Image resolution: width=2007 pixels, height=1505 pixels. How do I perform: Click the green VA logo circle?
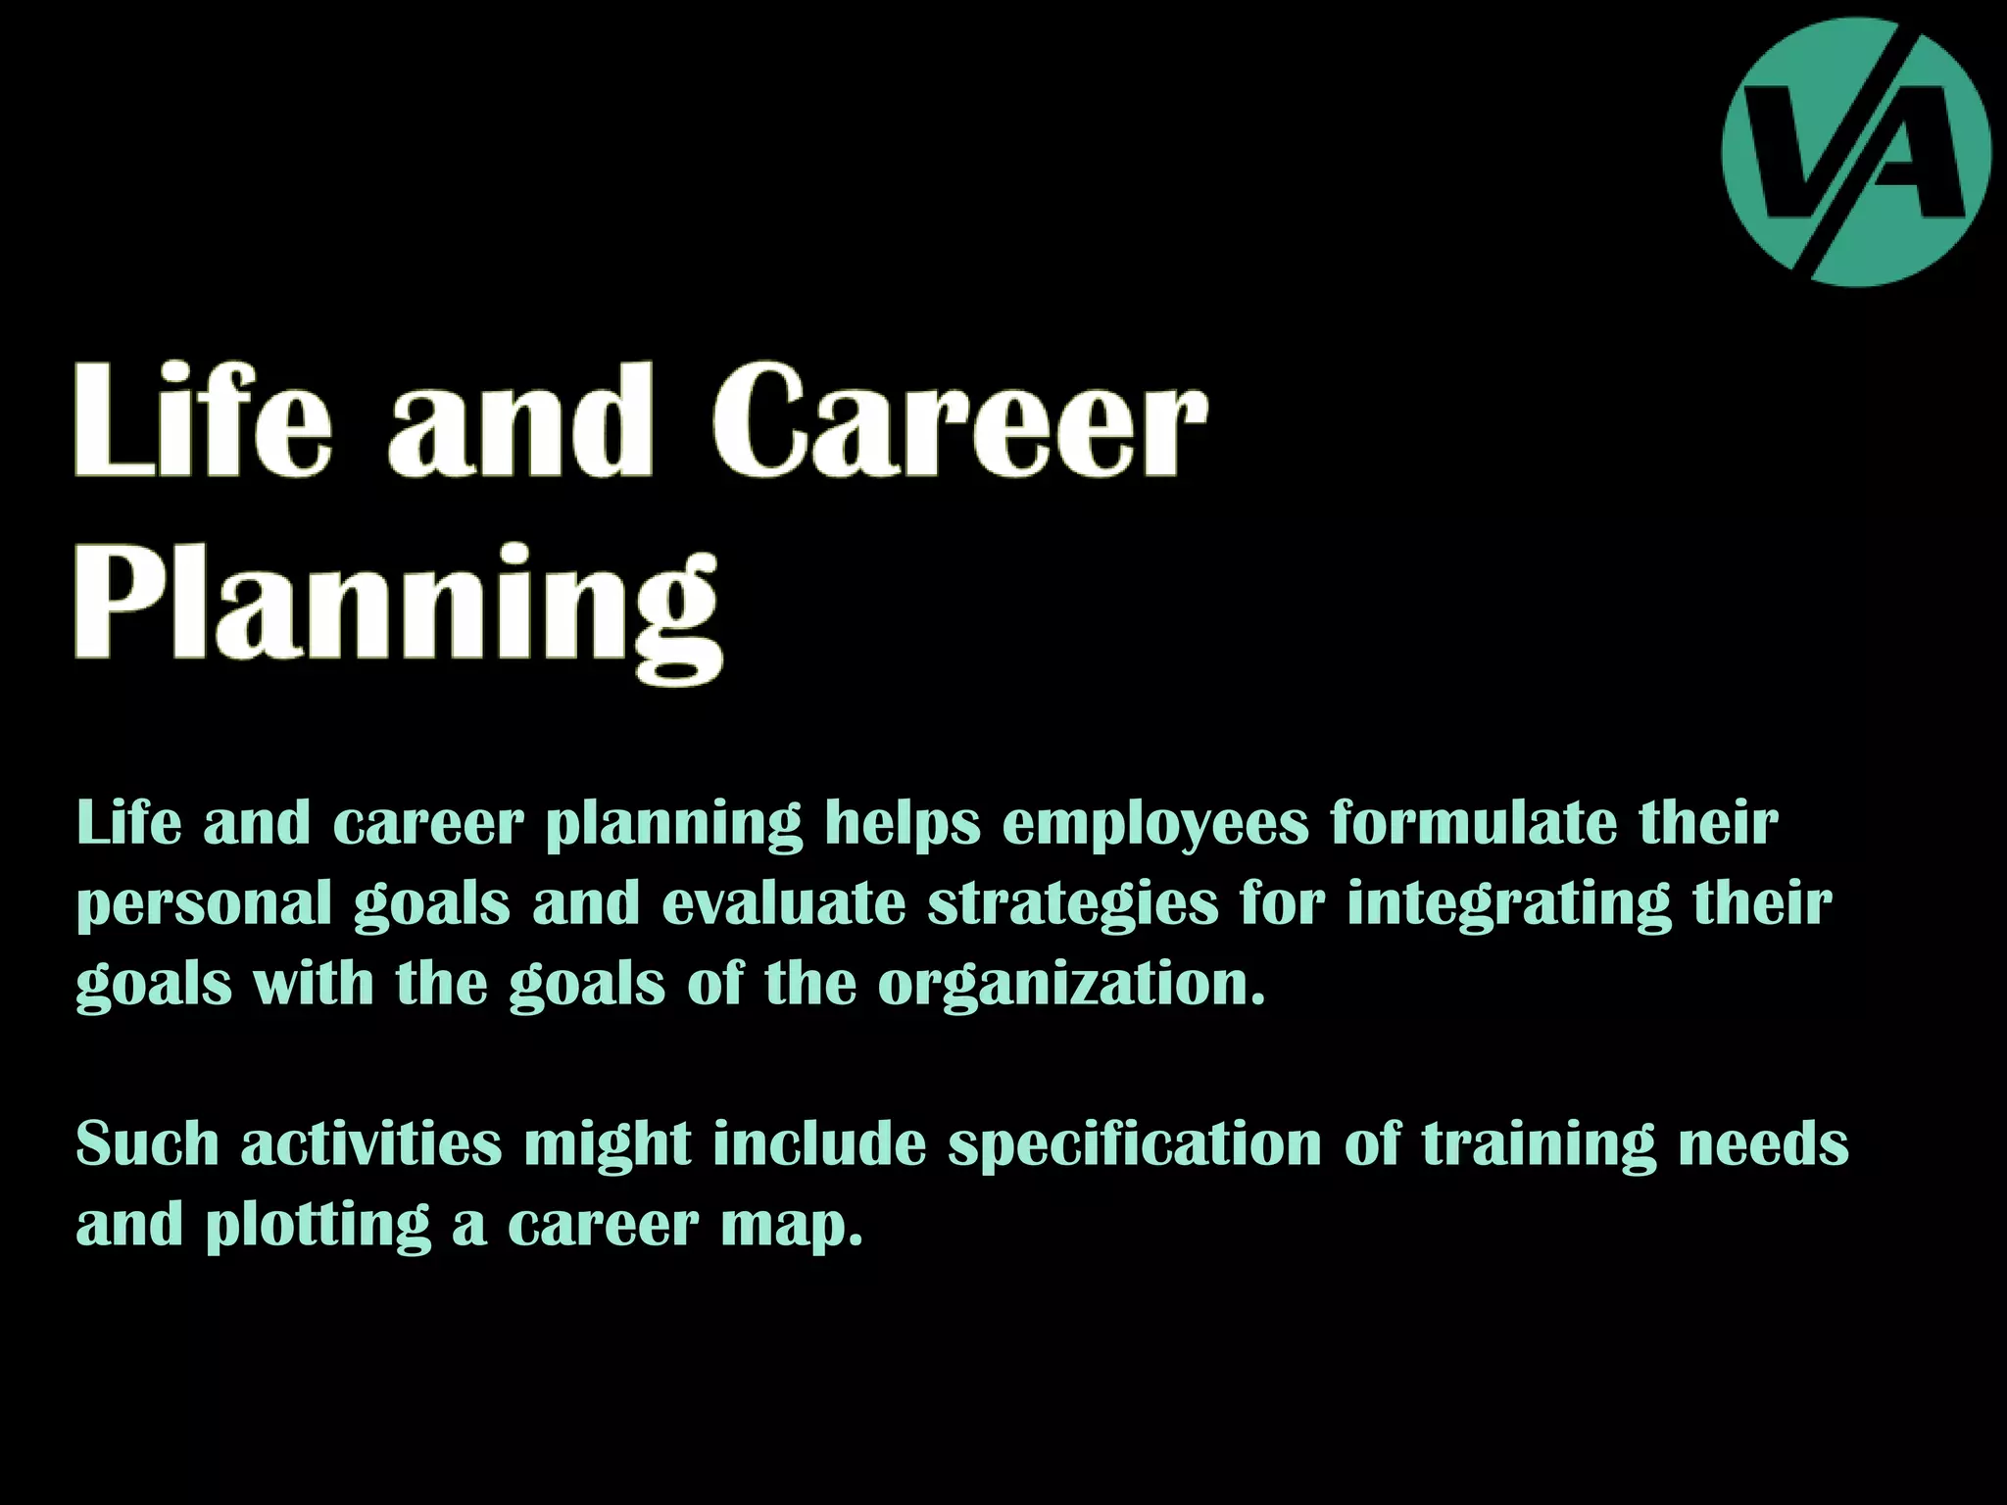coord(1856,152)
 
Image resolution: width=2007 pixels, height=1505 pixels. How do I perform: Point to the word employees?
coord(1155,823)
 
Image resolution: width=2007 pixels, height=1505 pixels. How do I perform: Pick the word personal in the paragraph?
coord(204,903)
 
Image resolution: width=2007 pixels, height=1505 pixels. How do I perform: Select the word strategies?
coord(1073,903)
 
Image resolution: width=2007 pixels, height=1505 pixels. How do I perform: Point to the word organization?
coord(1071,984)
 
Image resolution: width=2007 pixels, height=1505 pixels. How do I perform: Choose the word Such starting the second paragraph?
coord(147,1143)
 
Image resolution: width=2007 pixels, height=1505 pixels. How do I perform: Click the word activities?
coord(371,1143)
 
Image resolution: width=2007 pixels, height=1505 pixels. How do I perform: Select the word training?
coord(1539,1145)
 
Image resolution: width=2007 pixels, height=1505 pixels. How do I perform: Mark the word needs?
coord(1763,1143)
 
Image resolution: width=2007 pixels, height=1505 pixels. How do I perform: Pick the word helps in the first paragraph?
coord(902,823)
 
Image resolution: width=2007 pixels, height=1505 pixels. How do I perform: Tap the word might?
coord(608,1145)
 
